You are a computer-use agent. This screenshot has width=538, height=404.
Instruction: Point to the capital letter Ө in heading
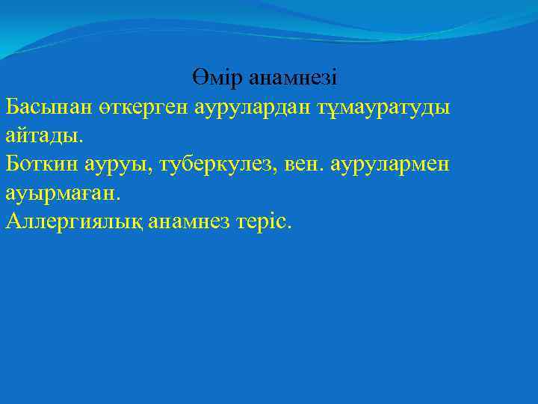pyautogui.click(x=198, y=77)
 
